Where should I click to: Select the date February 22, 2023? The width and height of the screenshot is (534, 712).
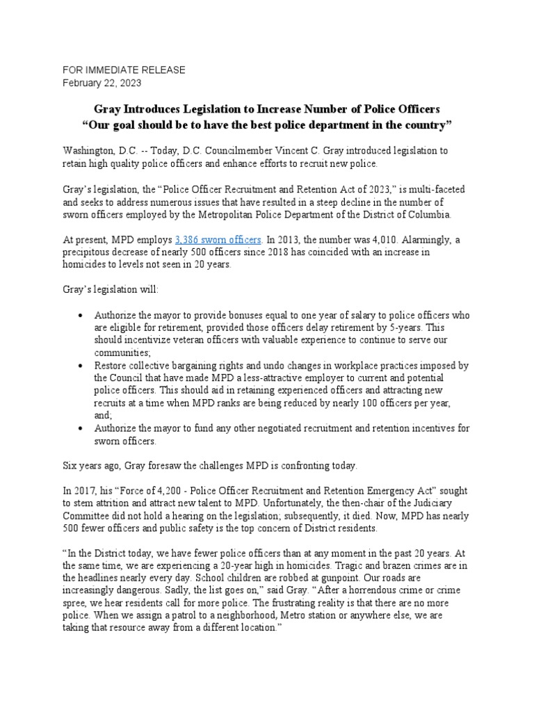102,83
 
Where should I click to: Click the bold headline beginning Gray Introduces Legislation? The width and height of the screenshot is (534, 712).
267,109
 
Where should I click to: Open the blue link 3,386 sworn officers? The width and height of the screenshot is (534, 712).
218,239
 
